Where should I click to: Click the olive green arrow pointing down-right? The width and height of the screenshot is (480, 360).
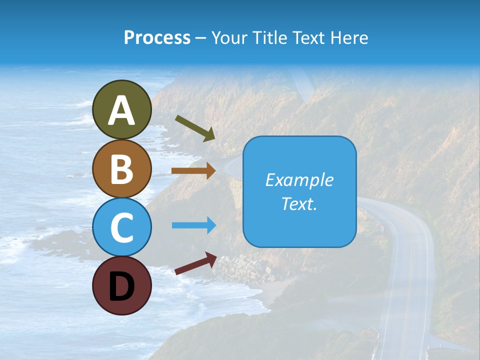195,127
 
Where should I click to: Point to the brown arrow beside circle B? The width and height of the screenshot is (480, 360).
193,170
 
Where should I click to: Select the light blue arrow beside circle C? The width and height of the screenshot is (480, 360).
194,225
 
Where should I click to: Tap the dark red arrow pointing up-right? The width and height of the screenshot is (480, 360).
195,263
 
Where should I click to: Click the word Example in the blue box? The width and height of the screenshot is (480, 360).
299,180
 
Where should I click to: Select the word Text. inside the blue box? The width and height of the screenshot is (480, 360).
299,203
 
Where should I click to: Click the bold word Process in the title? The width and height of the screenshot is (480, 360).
157,37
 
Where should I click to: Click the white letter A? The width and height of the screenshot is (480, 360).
122,110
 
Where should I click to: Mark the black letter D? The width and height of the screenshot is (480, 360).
122,286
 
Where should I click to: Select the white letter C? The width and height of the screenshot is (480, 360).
122,228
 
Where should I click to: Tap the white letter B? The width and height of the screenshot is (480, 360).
122,169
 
